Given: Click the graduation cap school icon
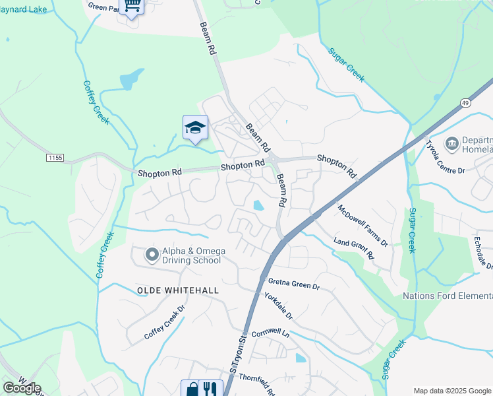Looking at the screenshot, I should click(195, 127).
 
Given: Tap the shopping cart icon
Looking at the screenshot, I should click(132, 6).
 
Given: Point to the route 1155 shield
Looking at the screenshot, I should click(55, 158).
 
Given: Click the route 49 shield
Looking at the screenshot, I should click(465, 103).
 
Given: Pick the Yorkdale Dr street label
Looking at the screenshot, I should click(278, 307).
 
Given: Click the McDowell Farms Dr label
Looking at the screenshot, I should click(362, 226).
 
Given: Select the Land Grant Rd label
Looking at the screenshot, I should click(354, 249).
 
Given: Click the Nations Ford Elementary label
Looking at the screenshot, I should click(448, 295).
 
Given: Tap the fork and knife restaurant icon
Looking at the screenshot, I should click(209, 388).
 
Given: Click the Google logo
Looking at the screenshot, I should click(22, 388).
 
